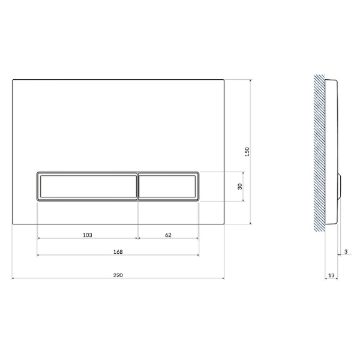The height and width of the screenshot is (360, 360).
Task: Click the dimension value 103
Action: click(88, 235)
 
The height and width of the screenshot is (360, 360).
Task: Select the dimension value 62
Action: click(168, 235)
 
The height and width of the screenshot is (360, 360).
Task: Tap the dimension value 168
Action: click(118, 251)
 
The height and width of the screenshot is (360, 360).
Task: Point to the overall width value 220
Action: click(118, 275)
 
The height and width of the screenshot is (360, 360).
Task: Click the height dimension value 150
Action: click(247, 152)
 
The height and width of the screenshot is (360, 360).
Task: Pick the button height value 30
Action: click(240, 187)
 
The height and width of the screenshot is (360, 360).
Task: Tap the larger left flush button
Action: click(88, 186)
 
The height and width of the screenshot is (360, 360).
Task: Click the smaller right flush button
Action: click(169, 186)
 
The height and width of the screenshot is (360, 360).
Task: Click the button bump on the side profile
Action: click(340, 187)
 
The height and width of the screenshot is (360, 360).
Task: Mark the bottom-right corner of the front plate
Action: click(224, 224)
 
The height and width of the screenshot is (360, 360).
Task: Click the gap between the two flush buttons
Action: click(139, 186)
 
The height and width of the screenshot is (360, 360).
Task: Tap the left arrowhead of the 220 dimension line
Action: click(14, 278)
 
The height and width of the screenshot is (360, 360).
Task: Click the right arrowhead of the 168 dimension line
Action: click(197, 255)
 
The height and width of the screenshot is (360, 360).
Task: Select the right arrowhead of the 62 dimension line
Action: click(197, 238)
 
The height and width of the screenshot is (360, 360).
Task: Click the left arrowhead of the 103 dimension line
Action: click(39, 238)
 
